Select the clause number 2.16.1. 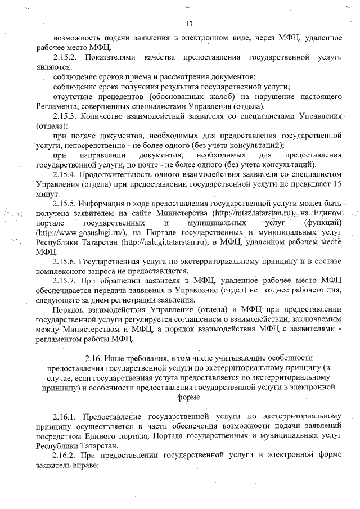pyautogui.click(x=66, y=417)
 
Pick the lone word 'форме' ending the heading pyautogui.click(x=188, y=397)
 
